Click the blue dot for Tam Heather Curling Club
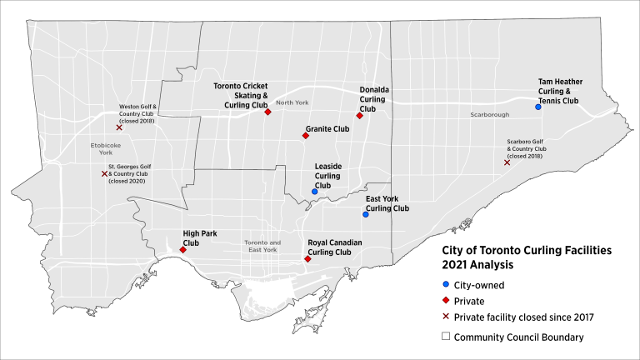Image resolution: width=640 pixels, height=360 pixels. click(538, 107)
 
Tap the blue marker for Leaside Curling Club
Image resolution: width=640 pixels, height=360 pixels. click(314, 192)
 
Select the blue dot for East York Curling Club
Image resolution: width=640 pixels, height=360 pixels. click(365, 214)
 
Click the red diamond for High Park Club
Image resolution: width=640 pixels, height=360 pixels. click(182, 249)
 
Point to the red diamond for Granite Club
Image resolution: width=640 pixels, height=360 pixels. click(306, 135)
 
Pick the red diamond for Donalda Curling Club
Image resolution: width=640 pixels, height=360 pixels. click(359, 116)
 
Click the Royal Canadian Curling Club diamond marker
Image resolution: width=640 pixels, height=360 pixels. click(307, 259)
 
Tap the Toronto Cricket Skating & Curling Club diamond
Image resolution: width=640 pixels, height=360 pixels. click(268, 112)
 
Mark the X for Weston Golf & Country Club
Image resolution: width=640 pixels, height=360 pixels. click(119, 127)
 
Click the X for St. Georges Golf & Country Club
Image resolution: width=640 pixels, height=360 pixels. click(104, 173)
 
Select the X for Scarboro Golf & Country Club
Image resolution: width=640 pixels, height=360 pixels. click(507, 162)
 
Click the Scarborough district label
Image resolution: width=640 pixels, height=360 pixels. click(488, 114)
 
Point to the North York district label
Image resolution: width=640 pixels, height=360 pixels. click(292, 102)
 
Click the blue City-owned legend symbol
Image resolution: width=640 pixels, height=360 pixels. click(447, 284)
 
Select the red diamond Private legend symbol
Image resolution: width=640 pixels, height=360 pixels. click(447, 302)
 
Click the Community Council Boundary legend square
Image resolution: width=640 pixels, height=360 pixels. click(447, 337)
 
